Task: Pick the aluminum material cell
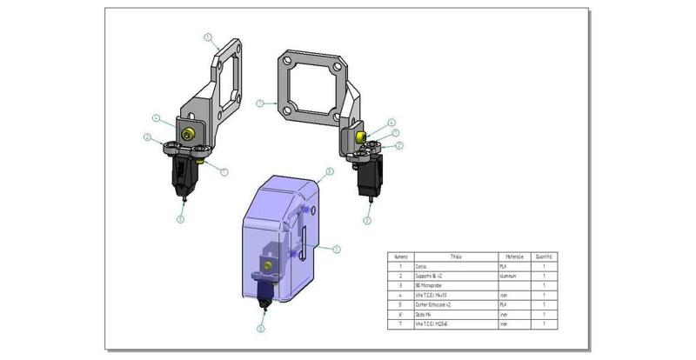coord(511,275)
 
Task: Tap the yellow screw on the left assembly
coord(189,132)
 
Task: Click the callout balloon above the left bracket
coord(208,37)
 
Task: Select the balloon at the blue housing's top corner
coord(329,172)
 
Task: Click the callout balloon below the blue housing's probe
coord(260,329)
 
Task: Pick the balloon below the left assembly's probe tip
coord(180,219)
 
